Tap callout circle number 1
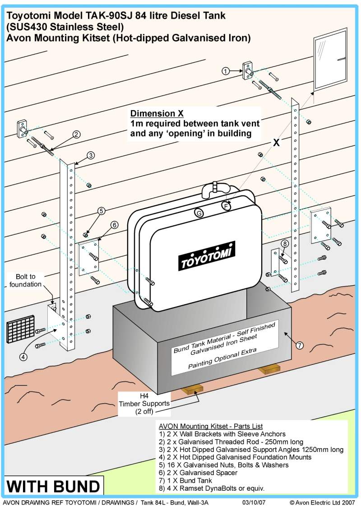227,70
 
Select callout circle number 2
77,134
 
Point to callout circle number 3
91,155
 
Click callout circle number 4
23,356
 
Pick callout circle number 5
102,210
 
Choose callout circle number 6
115,225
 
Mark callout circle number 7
300,345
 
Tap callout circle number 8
284,244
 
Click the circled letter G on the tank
198,213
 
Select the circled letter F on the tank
226,206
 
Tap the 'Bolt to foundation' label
25,280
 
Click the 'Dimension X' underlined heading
151,113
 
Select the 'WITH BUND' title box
53,487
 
